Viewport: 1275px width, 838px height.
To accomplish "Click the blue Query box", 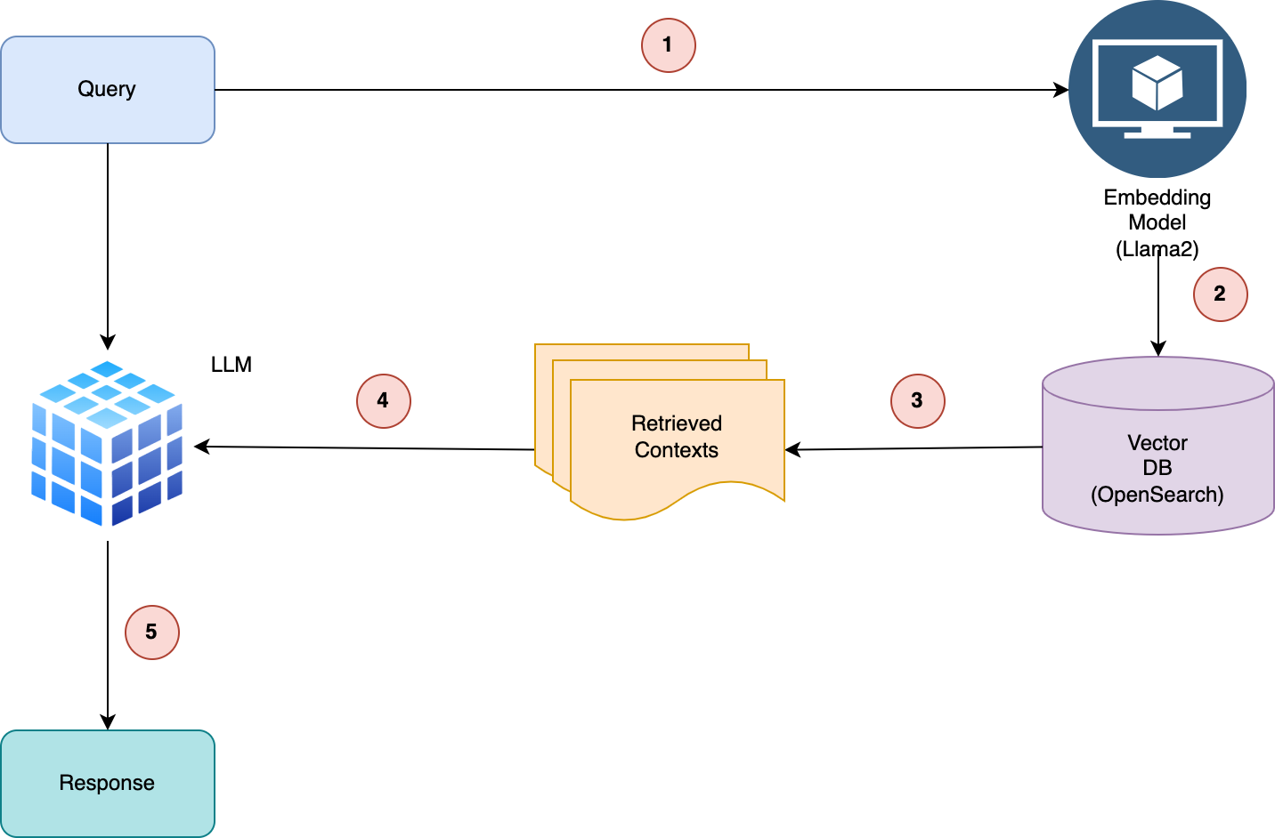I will click(x=107, y=90).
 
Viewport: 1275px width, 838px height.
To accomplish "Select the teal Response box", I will click(x=107, y=783).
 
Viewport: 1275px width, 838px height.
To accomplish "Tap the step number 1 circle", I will click(x=668, y=45).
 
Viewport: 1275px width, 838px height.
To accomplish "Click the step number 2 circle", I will click(x=1220, y=294).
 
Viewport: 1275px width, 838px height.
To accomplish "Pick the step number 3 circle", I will click(x=917, y=401).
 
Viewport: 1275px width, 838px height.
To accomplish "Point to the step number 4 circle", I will click(x=383, y=401).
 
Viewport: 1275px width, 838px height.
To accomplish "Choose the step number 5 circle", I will click(x=151, y=633).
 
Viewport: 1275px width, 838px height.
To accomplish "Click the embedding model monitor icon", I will click(x=1157, y=89).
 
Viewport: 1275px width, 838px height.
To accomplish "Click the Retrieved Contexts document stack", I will click(x=668, y=436).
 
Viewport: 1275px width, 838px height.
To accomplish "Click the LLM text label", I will click(x=231, y=365).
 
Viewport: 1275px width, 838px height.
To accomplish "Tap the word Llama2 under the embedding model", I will click(x=1157, y=249).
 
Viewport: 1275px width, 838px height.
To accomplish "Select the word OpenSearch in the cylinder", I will click(x=1157, y=495).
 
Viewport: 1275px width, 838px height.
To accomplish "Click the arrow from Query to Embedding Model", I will click(x=641, y=90).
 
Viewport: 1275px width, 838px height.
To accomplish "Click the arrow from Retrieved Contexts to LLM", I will click(x=365, y=447).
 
